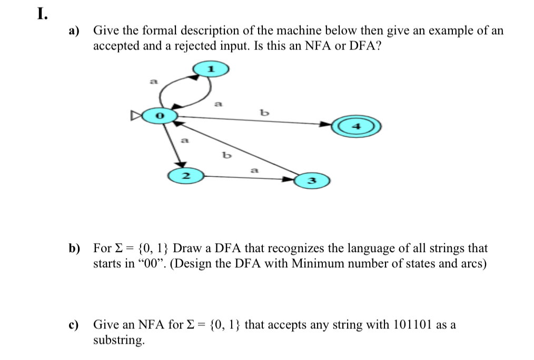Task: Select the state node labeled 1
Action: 211,68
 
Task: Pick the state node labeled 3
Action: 311,181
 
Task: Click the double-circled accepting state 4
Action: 356,127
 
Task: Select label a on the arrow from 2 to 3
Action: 254,170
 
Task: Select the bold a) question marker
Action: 75,31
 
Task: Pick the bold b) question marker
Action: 75,248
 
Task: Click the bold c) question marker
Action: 75,325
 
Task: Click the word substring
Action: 118,340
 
